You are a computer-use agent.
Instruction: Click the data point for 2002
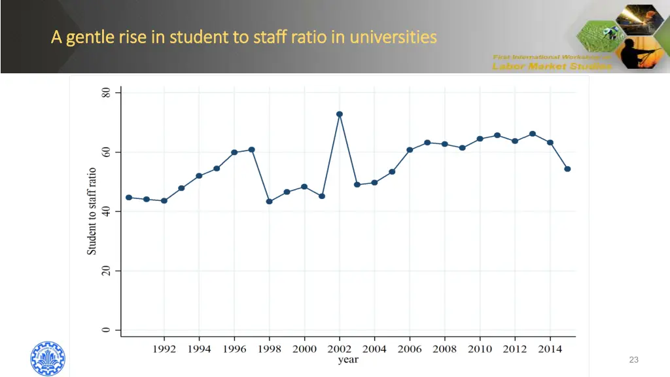pos(340,115)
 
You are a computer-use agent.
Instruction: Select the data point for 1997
pos(252,150)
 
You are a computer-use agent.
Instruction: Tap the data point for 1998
pos(269,202)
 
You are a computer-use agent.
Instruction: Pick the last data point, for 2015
pos(568,169)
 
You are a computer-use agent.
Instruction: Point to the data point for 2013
pos(533,134)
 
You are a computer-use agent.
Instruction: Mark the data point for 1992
pos(164,201)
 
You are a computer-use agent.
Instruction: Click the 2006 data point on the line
pos(410,150)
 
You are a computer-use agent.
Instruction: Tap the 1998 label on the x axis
pos(269,349)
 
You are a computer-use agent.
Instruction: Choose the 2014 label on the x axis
pos(550,349)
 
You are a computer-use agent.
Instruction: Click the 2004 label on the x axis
pos(375,349)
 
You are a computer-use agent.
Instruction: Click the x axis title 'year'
pos(347,360)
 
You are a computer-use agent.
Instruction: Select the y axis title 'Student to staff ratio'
pos(92,211)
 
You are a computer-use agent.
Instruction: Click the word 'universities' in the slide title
pos(393,37)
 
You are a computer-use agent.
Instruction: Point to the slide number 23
pos(633,359)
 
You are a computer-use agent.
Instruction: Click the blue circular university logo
pos(48,359)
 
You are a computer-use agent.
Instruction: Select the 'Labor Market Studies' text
pos(552,65)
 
